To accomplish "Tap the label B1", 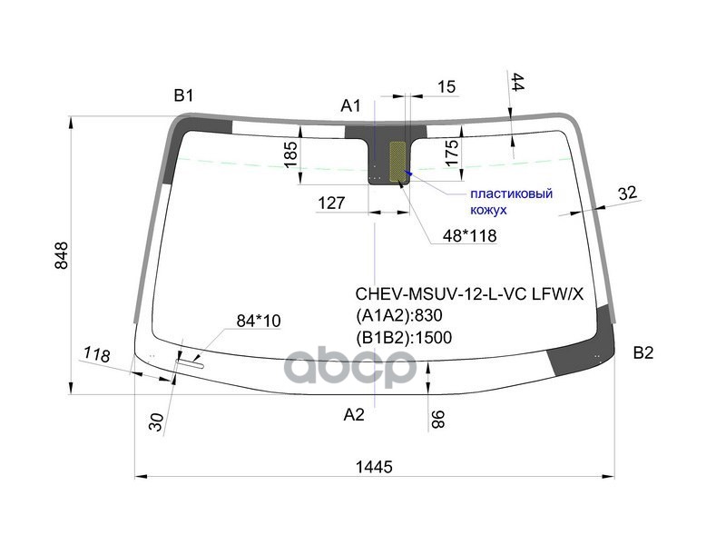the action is click(185, 94).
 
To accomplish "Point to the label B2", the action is click(643, 353).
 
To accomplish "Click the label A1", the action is click(351, 106).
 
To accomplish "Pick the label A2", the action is click(353, 414).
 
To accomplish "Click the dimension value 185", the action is click(290, 154).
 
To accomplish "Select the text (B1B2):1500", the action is click(403, 337).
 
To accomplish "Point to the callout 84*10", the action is click(259, 320).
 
